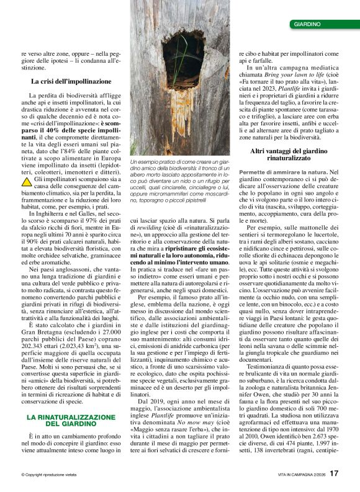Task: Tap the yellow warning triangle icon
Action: [x=27, y=181]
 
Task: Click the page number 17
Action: [x=334, y=473]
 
